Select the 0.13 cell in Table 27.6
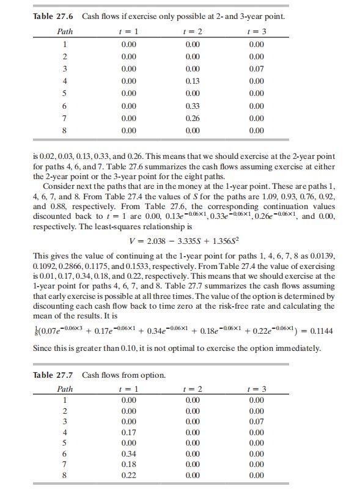[192, 81]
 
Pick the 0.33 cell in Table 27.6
[192, 106]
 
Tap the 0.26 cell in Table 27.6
[192, 118]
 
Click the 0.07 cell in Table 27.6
[257, 68]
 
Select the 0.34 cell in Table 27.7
[129, 454]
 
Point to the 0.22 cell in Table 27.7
[129, 475]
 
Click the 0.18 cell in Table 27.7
[129, 465]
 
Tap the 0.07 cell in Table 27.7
[257, 421]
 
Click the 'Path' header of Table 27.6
[65, 31]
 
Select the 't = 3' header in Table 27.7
[257, 389]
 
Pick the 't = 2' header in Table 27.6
[192, 31]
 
